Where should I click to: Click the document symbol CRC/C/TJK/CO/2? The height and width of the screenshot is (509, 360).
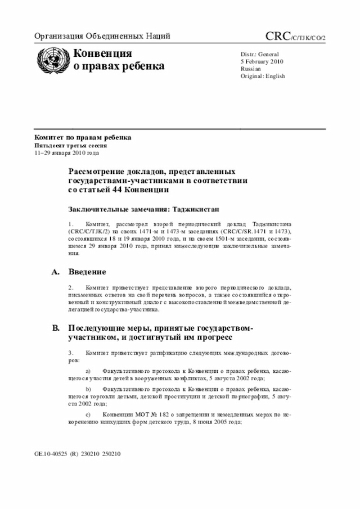click(x=295, y=37)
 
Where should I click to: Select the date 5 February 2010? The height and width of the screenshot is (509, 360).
click(x=262, y=61)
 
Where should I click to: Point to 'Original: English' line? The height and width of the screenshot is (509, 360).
click(x=263, y=76)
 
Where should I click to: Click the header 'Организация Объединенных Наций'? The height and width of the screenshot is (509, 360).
click(x=102, y=37)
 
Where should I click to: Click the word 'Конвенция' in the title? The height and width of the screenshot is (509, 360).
click(x=102, y=54)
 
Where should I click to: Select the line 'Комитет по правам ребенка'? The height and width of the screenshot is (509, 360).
click(x=83, y=137)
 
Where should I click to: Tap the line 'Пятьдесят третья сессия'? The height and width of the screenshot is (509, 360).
click(x=71, y=145)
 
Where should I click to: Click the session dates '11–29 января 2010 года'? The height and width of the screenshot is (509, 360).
click(x=66, y=152)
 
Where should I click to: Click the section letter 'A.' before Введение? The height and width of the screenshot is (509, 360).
click(x=56, y=272)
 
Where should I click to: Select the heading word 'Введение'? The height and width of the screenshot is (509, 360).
click(x=87, y=272)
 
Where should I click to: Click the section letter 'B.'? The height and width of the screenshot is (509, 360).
click(x=56, y=328)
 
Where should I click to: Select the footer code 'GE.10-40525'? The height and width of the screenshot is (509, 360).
click(x=51, y=453)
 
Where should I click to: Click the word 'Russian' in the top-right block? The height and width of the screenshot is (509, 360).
click(x=251, y=69)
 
